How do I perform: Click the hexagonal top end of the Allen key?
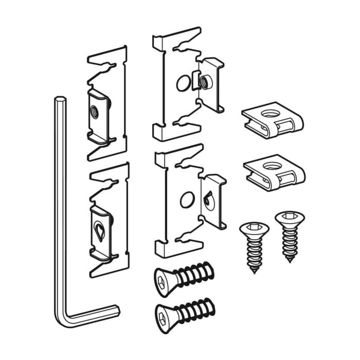click(x=60, y=99)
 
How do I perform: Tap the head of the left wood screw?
click(x=254, y=229)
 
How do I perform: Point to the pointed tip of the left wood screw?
click(x=254, y=271)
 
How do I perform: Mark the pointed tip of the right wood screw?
click(x=290, y=260)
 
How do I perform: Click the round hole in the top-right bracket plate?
click(x=183, y=83)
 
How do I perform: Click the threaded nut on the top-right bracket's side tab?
click(x=205, y=81)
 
